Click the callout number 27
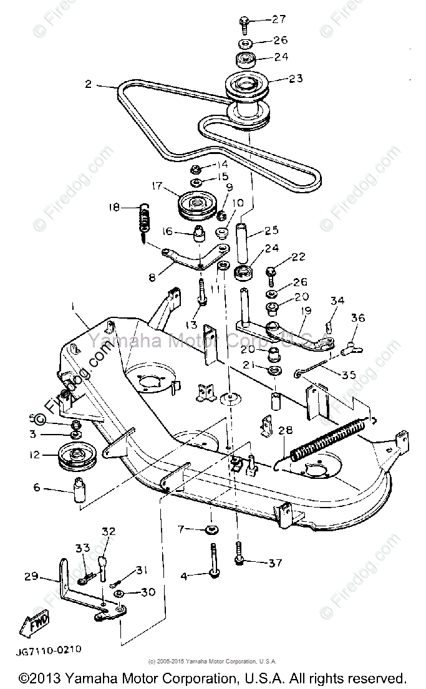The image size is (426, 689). [278, 19]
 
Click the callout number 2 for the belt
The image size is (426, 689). [89, 84]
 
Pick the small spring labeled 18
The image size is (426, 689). [145, 221]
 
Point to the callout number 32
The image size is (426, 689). [109, 532]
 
